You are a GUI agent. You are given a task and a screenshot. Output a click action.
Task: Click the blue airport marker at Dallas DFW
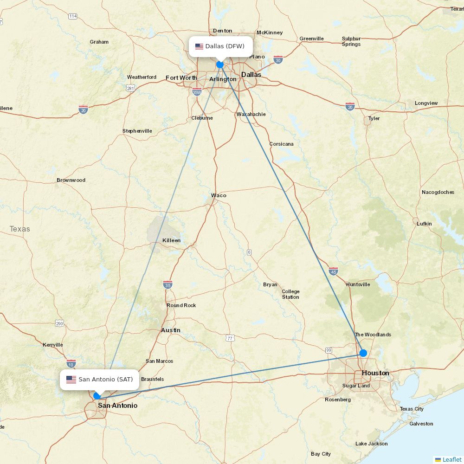[x=220, y=64]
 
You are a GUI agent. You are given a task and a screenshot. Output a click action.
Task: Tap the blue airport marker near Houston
[x=363, y=353]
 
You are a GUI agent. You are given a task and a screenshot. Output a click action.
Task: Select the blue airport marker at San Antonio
[x=97, y=396]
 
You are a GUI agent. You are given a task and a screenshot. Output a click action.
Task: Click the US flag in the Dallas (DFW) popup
[x=200, y=46]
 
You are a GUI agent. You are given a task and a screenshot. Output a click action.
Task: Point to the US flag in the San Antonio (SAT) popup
[x=71, y=380]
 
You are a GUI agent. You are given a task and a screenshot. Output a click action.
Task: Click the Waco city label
[x=219, y=195]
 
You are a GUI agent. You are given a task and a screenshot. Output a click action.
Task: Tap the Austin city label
[x=171, y=330]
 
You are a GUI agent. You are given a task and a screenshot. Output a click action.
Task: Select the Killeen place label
[x=171, y=240]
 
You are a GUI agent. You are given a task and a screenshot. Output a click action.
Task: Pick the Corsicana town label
[x=281, y=144]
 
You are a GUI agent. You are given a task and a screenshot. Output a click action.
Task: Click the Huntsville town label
[x=358, y=284]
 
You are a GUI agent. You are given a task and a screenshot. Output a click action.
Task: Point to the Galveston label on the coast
[x=421, y=424]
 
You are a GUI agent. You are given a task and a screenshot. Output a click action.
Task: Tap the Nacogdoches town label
[x=438, y=192]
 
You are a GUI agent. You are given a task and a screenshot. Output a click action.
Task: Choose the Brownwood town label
[x=71, y=180]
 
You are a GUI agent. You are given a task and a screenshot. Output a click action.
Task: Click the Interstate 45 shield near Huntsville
[x=333, y=271]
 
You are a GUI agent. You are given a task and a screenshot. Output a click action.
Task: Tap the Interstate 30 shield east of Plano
[x=278, y=60]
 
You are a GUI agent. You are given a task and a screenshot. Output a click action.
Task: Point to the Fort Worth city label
[x=181, y=78]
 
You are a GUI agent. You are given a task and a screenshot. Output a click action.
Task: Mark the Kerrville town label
[x=52, y=345]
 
